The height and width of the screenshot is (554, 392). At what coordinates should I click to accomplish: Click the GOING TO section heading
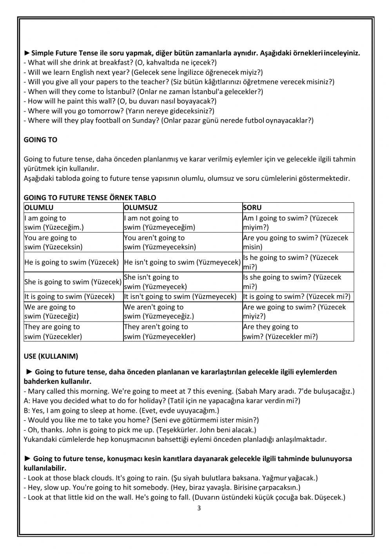pos(40,140)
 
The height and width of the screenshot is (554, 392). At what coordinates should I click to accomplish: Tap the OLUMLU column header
pos(39,207)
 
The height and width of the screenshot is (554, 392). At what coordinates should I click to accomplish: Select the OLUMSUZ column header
pos(140,207)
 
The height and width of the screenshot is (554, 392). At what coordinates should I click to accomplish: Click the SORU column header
pos(252,207)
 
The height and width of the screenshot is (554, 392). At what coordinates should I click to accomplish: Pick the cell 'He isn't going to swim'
pos(182,262)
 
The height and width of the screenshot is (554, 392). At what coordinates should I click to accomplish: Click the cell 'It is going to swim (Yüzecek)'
pos(69,296)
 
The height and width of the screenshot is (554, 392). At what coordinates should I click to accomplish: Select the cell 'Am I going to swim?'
pos(290,223)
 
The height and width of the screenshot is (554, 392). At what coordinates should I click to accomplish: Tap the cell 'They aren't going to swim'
pos(160,332)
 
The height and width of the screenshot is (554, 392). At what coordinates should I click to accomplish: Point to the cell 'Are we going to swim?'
pos(294,312)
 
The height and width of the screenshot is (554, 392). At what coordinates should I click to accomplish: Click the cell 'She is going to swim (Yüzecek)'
pos(73,282)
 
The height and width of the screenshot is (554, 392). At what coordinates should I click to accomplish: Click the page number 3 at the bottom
pos(199,509)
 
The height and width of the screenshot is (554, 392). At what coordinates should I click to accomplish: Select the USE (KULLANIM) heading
pos(51,356)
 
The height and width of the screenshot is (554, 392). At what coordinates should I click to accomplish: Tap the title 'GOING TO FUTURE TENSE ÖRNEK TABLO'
pos(90,198)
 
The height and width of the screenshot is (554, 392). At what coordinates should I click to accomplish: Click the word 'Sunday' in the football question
pos(146,121)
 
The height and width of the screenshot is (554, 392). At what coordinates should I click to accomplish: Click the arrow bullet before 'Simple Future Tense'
pos(27,53)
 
